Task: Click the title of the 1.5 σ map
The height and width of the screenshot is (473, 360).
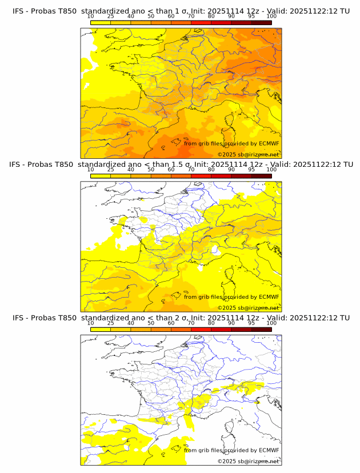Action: pos(181,165)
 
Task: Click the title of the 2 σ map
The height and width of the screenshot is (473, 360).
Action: pos(181,318)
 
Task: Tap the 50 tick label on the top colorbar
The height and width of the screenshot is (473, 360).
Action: pos(151,17)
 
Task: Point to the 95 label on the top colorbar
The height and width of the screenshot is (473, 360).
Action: pos(251,17)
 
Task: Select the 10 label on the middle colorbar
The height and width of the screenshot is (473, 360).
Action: pos(91,170)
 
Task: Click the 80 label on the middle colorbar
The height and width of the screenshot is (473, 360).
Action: pos(211,170)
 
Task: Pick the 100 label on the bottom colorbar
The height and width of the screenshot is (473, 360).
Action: pos(271,323)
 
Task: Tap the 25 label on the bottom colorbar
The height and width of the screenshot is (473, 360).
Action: pos(111,323)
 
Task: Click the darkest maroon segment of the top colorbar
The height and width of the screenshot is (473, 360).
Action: pos(261,23)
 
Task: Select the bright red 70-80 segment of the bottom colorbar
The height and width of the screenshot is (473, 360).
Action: pos(201,329)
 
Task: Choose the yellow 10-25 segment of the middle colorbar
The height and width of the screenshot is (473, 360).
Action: pos(101,176)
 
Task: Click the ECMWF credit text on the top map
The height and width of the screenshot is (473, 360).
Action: pos(231,143)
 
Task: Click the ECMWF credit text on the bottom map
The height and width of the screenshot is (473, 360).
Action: pos(231,450)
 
